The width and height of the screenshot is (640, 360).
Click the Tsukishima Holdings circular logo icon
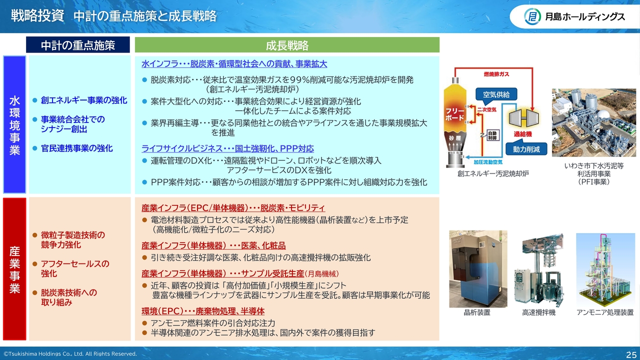pos(532,16)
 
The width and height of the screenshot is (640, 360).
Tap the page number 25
pos(631,354)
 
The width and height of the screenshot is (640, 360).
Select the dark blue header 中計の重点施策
pos(77,45)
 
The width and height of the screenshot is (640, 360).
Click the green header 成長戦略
pos(287,45)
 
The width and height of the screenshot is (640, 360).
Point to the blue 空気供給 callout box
pos(496,94)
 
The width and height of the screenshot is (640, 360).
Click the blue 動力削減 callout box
pos(526,149)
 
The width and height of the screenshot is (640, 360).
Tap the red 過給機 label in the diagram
pos(522,134)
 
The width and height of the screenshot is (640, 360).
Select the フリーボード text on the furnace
pos(455,114)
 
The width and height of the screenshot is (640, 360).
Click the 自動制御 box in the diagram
pos(492,135)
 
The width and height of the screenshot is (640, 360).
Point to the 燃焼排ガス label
pos(496,74)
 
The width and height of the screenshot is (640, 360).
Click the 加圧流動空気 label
pos(488,162)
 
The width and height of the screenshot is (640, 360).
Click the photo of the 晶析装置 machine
pos(478,269)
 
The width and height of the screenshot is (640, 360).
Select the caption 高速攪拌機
pos(539,312)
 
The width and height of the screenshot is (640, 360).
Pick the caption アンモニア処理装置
pos(605,312)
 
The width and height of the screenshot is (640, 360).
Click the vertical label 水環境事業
pos(14,125)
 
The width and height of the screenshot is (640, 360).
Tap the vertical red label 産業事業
pos(14,269)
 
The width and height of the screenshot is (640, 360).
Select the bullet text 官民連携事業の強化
pos(77,148)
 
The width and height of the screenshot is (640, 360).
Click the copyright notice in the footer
pos(70,353)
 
